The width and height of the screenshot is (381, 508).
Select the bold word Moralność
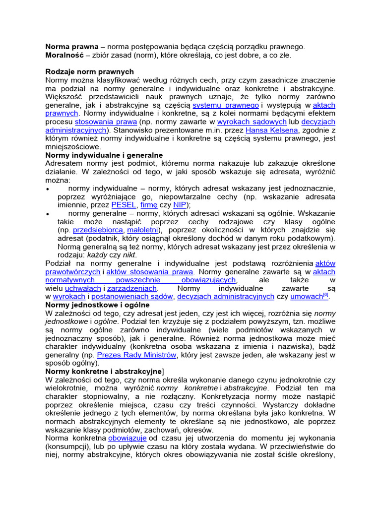click(64, 55)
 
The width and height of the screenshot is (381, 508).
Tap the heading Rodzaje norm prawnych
click(90, 72)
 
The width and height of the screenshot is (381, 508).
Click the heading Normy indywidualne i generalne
click(104, 155)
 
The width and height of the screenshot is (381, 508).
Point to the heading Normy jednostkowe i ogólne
click(97, 305)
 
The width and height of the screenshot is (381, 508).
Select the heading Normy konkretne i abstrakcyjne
click(104, 372)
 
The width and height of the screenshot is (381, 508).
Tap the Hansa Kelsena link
click(272, 130)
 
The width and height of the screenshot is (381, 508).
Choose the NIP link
click(180, 205)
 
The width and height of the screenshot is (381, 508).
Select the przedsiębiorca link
click(98, 230)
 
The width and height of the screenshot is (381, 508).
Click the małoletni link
click(143, 230)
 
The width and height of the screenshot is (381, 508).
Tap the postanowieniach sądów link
click(131, 297)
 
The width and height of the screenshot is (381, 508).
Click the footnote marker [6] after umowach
click(326, 295)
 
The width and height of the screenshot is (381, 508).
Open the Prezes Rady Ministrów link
click(137, 355)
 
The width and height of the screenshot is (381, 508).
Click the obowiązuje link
click(127, 439)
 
